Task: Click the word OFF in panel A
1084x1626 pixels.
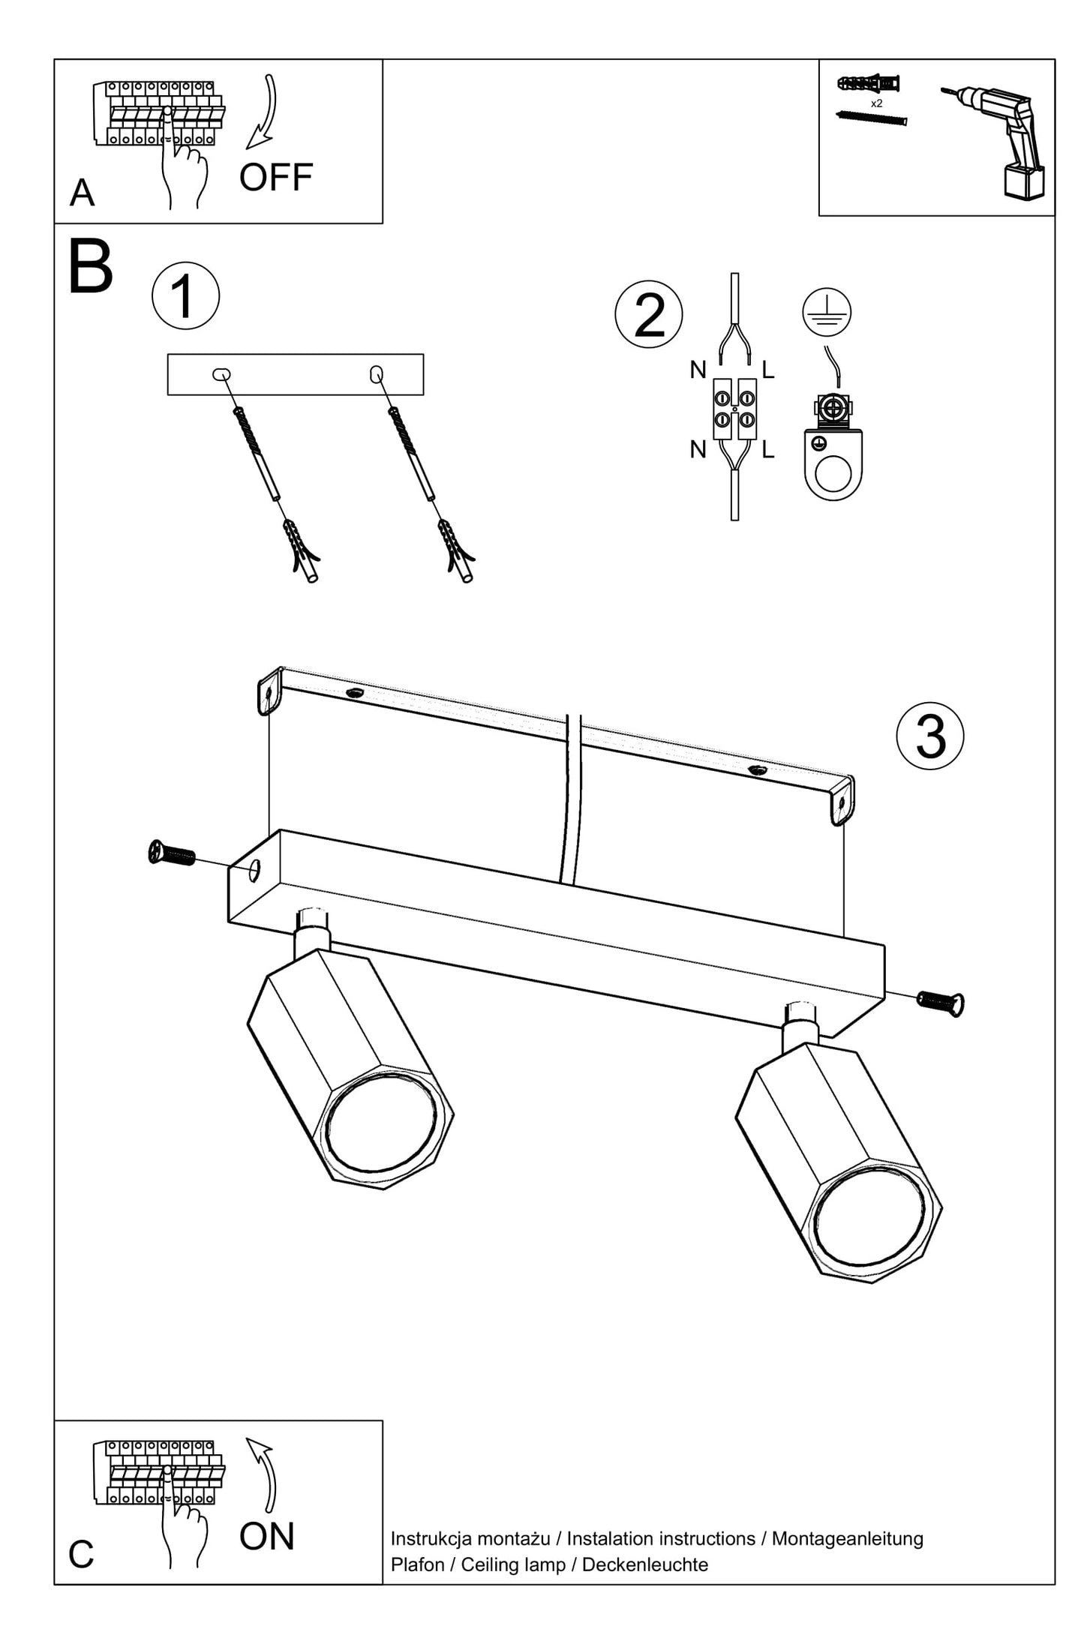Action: tap(275, 178)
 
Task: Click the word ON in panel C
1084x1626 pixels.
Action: tap(266, 1536)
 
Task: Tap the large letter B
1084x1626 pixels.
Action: tap(90, 268)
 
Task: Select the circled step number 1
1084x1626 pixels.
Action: tap(185, 295)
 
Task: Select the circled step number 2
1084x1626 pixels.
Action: tap(649, 314)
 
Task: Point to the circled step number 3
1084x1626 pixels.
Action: tap(930, 736)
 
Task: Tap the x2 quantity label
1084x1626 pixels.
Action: tap(876, 103)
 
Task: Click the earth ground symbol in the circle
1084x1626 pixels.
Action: tap(827, 311)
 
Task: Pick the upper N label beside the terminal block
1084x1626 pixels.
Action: tap(698, 370)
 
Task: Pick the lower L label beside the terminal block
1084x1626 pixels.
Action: tap(767, 450)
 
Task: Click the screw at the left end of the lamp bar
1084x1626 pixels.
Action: tap(172, 853)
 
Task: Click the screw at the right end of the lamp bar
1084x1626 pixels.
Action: tap(941, 1000)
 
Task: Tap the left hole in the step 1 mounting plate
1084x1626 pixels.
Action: tap(222, 374)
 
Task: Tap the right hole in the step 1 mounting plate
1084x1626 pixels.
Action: tap(377, 373)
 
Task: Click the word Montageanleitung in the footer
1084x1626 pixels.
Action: tap(847, 1538)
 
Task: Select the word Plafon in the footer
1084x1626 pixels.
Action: tap(417, 1564)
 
